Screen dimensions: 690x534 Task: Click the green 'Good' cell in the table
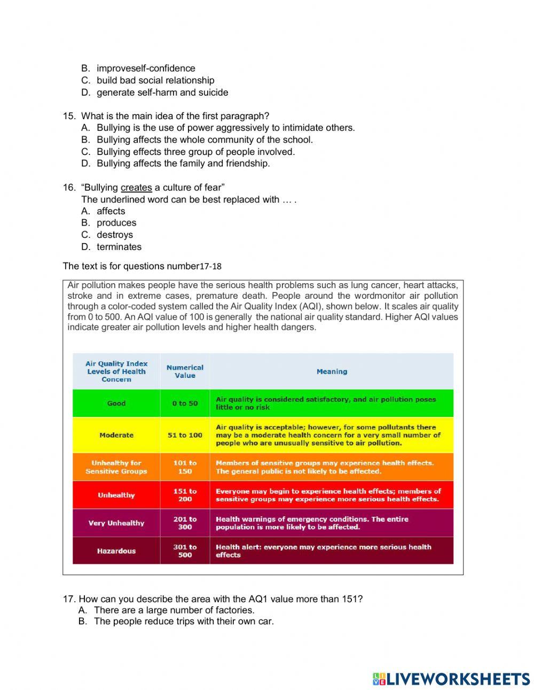coord(116,404)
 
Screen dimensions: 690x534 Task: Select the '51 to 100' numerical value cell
coord(185,435)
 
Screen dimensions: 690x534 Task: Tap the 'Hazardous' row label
coord(116,551)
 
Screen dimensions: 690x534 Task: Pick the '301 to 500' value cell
coord(185,551)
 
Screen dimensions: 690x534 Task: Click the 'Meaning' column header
coord(332,371)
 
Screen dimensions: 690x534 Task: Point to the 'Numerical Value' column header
coord(185,371)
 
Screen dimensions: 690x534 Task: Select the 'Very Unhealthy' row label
coord(116,523)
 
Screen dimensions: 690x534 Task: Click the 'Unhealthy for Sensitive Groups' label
coord(116,467)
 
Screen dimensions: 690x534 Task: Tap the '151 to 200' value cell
coord(185,495)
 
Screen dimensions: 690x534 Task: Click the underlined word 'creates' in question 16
coord(136,188)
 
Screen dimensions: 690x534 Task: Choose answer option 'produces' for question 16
coord(116,223)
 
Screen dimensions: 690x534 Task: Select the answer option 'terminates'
coord(119,247)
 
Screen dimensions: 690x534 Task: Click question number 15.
coord(69,116)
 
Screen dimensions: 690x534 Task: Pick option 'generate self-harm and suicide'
coord(162,92)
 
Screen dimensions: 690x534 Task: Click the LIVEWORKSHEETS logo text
coord(458,679)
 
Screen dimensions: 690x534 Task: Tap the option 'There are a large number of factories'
coord(174,610)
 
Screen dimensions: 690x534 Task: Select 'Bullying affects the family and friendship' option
coord(183,164)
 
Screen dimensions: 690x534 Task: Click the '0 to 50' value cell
coord(185,404)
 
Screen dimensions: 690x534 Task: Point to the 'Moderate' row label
coord(116,435)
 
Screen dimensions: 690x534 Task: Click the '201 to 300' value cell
coord(185,523)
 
